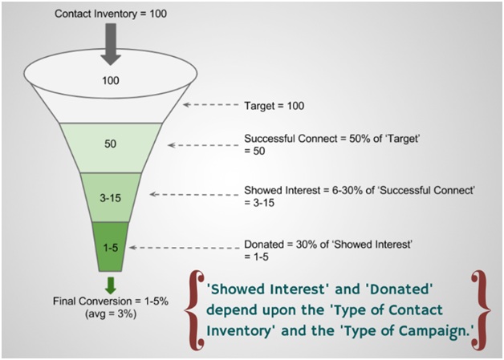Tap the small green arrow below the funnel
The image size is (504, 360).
pos(111,285)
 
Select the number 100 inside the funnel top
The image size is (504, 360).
pos(111,80)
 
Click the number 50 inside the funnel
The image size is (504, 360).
pos(110,144)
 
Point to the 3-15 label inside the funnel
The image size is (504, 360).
pos(110,198)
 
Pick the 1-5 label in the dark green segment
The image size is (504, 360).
pos(111,248)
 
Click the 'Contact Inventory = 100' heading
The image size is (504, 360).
pos(111,14)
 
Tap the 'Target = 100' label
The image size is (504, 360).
pos(274,106)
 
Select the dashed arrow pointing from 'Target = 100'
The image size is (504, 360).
pos(211,105)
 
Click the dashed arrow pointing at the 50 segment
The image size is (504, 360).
pos(203,145)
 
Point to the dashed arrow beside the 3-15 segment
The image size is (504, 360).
pos(194,194)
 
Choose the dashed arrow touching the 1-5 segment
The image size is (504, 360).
pos(184,248)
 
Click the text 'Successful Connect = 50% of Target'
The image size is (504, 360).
pos(332,139)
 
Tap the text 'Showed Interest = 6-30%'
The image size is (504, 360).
pos(303,190)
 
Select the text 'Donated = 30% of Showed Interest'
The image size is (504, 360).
pos(328,245)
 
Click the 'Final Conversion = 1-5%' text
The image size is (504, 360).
pos(111,301)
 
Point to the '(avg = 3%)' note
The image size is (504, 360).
pos(111,313)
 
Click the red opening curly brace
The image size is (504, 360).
pos(194,310)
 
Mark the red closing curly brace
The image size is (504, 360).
pos(481,310)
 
